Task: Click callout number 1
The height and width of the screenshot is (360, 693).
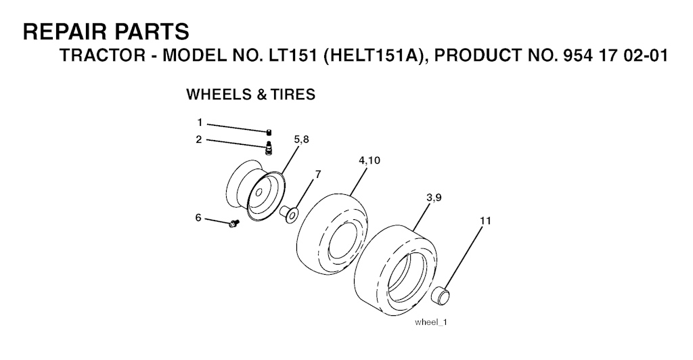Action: click(200, 122)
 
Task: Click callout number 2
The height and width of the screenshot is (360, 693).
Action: click(200, 139)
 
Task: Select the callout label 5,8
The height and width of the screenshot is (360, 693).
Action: click(303, 139)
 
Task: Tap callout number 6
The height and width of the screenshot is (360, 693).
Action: click(198, 217)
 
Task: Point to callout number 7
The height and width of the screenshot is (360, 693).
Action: click(318, 174)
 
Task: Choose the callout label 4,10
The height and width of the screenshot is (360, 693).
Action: click(370, 161)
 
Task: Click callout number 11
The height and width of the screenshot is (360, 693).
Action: click(486, 221)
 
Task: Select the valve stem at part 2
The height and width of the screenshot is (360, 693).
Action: click(269, 147)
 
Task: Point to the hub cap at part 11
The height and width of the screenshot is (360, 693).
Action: click(441, 295)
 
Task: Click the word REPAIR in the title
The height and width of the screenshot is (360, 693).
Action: click(65, 32)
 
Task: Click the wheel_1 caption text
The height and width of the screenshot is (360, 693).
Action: click(430, 322)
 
